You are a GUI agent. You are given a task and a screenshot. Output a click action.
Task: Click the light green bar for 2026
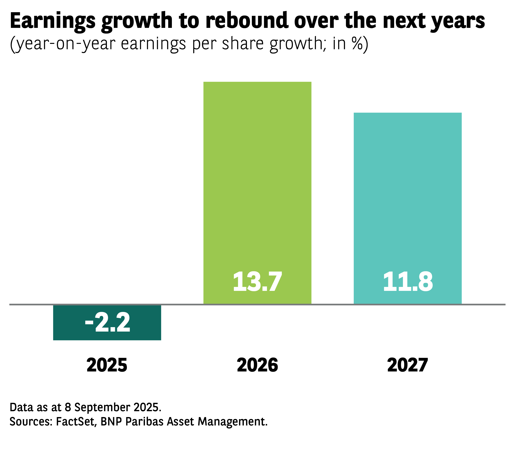pyautogui.click(x=257, y=179)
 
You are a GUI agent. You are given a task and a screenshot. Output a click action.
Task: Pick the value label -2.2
pyautogui.click(x=107, y=323)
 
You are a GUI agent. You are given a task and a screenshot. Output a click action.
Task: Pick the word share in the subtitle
pyautogui.click(x=243, y=44)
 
